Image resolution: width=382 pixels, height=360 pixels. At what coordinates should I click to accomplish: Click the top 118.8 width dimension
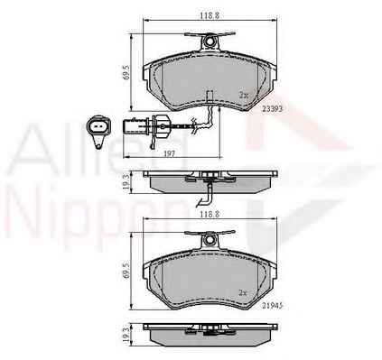210,16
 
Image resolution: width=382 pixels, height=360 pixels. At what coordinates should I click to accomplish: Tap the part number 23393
273,109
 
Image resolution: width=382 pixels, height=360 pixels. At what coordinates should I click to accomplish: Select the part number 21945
273,306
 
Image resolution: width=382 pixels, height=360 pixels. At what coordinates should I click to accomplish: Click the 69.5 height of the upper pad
127,73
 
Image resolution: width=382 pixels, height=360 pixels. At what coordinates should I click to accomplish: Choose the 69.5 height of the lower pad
127,270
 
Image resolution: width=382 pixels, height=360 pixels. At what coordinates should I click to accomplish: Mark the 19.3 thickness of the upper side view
127,182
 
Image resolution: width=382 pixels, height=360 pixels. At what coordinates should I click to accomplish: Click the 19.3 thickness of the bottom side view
127,335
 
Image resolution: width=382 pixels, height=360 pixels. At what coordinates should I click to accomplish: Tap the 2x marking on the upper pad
244,96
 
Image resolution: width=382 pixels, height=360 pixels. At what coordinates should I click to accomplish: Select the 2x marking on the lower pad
243,292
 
